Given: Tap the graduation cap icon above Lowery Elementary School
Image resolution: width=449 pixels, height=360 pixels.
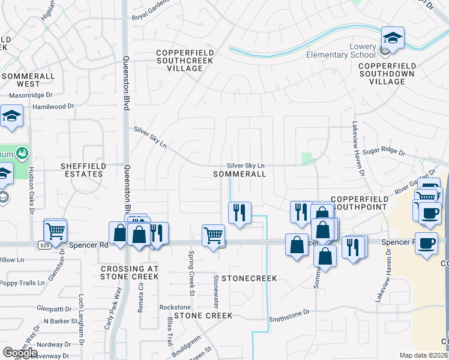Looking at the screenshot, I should coord(393,38).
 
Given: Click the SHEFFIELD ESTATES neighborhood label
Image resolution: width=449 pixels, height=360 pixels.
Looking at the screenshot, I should coord(83,170).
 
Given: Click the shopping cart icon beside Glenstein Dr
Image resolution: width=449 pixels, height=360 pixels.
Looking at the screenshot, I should coord(55,229).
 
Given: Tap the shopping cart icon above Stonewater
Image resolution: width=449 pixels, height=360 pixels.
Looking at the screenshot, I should coord(213,235).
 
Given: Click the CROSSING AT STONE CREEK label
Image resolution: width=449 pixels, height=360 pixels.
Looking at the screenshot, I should coord(130,272).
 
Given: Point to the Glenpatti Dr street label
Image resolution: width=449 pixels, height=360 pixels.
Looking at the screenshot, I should coord(53,308).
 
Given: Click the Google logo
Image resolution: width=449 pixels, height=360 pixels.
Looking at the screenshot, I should coord(20,353).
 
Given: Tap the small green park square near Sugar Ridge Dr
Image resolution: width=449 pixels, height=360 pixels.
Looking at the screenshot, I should coord(308,158).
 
